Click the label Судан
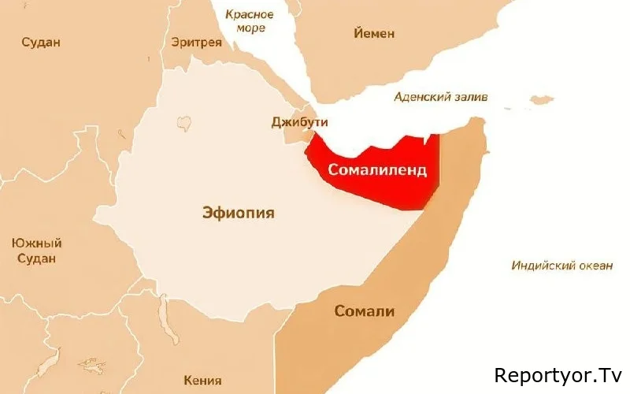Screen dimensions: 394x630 [x=41, y=42]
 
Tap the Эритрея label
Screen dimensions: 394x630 [x=197, y=42]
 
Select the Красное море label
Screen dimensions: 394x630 [x=249, y=21]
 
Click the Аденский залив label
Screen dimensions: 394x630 [x=441, y=97]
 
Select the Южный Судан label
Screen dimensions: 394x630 [x=37, y=251]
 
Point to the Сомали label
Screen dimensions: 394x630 [x=364, y=310]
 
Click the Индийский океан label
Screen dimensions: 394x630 [x=561, y=265]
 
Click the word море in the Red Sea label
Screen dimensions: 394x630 [x=250, y=28]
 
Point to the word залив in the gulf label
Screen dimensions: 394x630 [x=469, y=97]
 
